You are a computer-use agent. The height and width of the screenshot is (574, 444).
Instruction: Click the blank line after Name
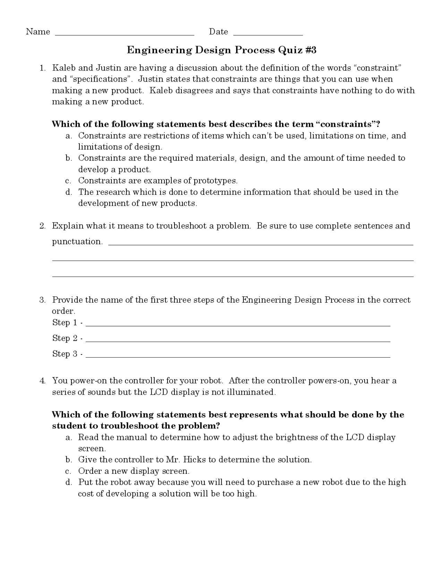point(125,34)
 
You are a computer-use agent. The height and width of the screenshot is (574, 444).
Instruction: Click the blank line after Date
point(268,34)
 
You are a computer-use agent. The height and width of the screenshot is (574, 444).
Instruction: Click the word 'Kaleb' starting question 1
point(62,68)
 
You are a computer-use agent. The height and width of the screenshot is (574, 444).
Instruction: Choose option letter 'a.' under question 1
point(69,136)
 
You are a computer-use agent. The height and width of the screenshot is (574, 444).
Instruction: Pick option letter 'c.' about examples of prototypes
point(68,181)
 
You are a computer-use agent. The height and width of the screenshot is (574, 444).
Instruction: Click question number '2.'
point(43,226)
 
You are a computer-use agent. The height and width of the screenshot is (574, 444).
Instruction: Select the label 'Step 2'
point(65,338)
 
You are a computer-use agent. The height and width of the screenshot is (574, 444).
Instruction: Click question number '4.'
point(43,381)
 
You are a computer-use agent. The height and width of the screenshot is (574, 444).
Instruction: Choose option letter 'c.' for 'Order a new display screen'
point(68,471)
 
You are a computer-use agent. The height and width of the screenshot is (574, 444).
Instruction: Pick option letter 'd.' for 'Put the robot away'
point(69,482)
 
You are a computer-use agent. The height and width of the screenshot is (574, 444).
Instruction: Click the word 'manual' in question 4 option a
point(131,437)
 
